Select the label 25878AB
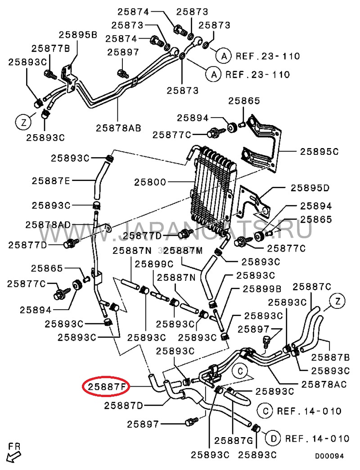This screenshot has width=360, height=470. [118, 127]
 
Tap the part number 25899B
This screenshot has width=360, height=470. [262, 289]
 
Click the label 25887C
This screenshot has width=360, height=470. [312, 286]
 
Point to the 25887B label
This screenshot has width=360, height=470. [331, 357]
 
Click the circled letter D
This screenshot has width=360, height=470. [273, 438]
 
